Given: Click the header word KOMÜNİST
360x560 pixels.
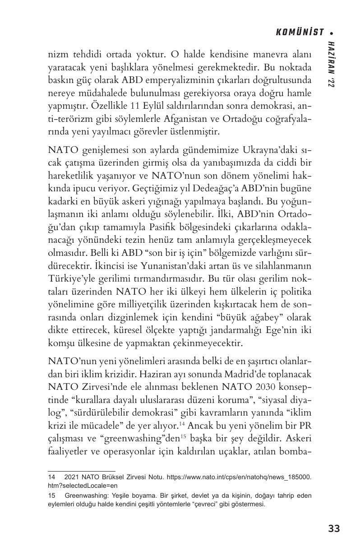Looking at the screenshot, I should pos(300,32).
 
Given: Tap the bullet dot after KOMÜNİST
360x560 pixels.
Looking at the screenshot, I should pos(332,33).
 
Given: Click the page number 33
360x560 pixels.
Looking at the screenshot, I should pos(334,528).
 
